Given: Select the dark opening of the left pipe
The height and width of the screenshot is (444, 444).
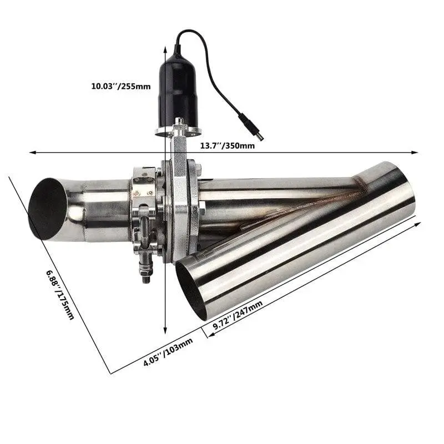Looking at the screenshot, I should point(47,208).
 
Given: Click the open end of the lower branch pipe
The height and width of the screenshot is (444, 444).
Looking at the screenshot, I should point(191,289).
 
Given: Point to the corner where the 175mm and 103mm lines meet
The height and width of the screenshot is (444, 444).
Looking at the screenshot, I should point(110,374).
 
